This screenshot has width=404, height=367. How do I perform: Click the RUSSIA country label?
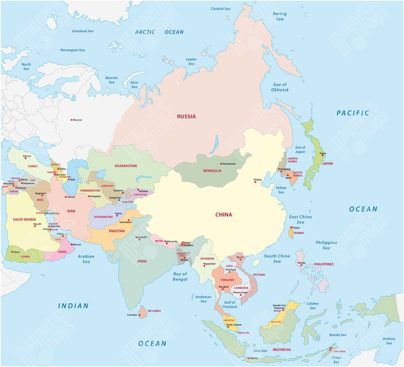[186, 117]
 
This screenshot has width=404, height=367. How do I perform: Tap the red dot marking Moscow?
[71, 120]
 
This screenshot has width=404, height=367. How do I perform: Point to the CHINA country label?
[224, 215]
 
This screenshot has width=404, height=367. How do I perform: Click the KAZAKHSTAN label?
[126, 166]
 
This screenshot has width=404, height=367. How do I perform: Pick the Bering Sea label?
[280, 16]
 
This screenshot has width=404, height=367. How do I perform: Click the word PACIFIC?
[352, 113]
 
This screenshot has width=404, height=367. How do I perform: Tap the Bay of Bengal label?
[180, 276]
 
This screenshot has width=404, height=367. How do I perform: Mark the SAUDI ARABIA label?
[24, 220]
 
